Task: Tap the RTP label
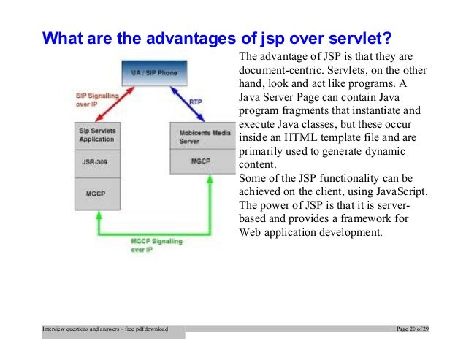tap(196, 102)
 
